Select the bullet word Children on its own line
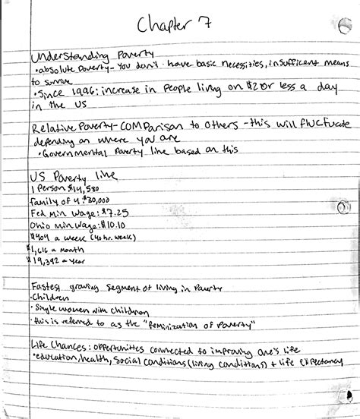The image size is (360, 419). [50, 299]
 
